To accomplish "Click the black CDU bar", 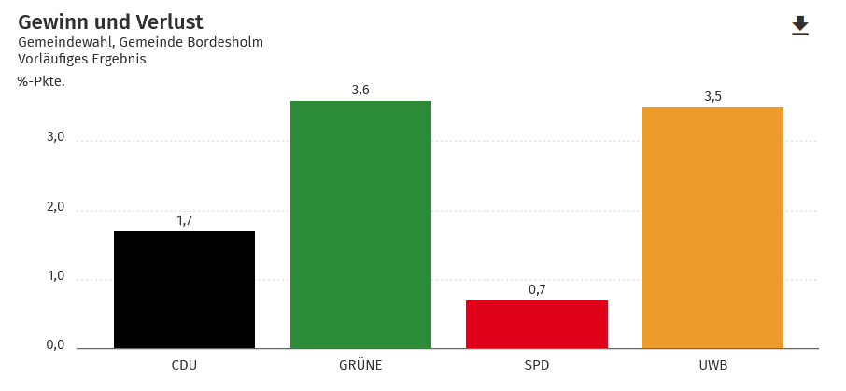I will coord(184,289).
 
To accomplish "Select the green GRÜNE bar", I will coord(360,224).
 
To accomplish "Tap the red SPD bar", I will coord(537,324).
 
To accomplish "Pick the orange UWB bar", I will coord(712,228).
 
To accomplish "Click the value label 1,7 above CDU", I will coord(184,220).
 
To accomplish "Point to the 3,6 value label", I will coord(360,90).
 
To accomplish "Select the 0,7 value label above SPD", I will coord(537,289).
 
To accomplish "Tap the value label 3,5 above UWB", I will coord(712,96).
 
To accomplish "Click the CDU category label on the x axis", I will coord(184,364).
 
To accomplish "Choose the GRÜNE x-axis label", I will coord(360,364).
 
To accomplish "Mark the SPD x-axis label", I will coord(537,364).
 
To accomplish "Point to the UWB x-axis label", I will coord(712,364).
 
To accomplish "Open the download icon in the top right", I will coord(800,26).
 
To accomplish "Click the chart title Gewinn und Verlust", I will coord(110,21).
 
